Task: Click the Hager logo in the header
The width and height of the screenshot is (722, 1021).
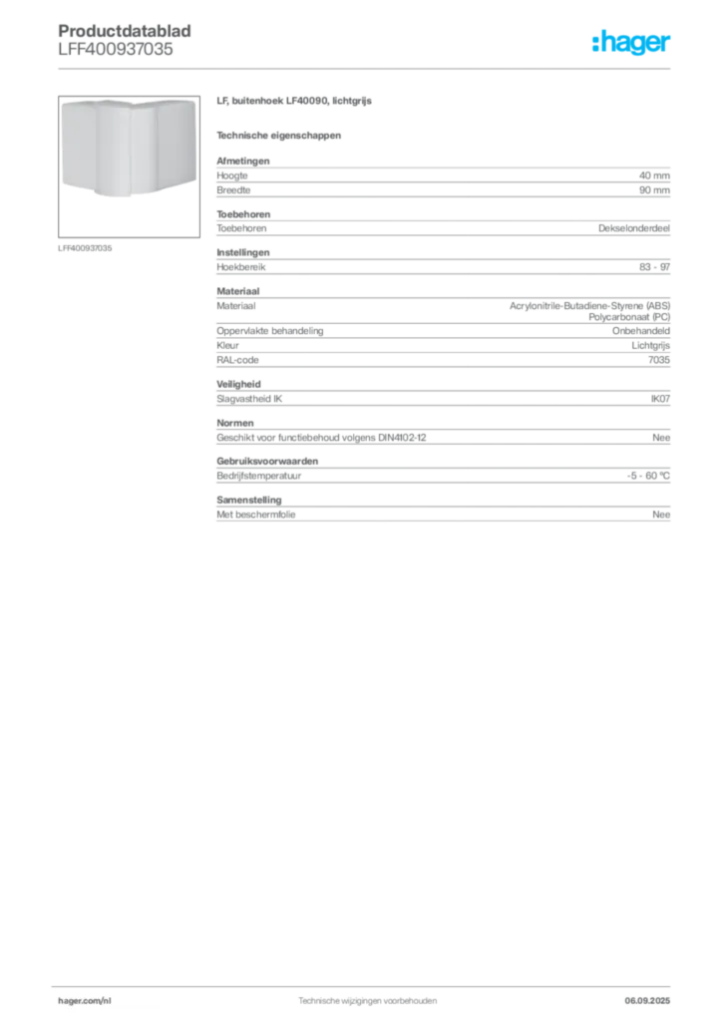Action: pos(630,42)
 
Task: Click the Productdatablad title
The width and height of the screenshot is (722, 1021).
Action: pos(125,31)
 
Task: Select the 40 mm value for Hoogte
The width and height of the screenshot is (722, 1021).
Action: pos(654,175)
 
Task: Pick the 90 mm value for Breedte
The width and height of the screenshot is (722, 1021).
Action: pos(654,190)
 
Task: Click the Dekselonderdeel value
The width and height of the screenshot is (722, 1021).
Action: pos(634,228)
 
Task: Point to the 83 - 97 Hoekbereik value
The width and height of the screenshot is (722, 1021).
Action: pos(654,267)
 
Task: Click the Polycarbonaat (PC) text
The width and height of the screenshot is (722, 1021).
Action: pos(629,317)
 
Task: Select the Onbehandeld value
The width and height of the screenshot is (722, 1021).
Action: pos(640,331)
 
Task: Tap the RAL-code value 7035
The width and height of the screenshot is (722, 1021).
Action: pos(659,360)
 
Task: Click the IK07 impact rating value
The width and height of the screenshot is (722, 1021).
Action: pos(660,399)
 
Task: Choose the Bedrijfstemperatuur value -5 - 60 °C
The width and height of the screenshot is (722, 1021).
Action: pos(648,476)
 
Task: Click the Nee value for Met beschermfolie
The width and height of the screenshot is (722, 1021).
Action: pos(661,514)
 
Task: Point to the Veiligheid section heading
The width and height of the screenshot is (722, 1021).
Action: pos(238,384)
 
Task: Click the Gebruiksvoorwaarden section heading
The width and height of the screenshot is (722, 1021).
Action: pos(267,461)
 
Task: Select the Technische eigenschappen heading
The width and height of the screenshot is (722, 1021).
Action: pos(278,136)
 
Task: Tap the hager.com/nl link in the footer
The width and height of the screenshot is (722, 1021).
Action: pos(85,1001)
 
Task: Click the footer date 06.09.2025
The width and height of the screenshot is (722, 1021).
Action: pos(647,1001)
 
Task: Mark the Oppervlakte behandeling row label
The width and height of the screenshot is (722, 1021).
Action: pos(269,331)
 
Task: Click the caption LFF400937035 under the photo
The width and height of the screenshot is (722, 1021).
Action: pos(85,248)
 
